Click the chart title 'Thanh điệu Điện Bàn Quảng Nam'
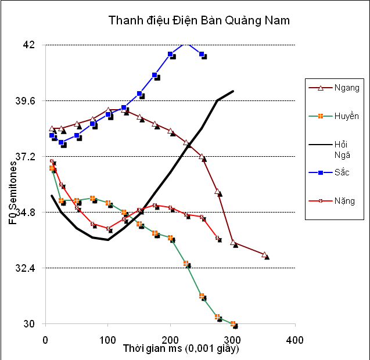point(199,21)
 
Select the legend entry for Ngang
point(338,88)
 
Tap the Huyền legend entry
point(338,116)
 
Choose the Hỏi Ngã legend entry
point(338,149)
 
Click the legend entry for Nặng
point(338,201)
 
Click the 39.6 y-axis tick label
point(25,101)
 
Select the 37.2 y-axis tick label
point(25,157)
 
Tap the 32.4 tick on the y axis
point(25,268)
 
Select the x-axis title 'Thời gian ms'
point(181,349)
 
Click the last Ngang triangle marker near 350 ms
point(264,255)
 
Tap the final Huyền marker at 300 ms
point(233,323)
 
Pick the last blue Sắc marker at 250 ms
point(202,54)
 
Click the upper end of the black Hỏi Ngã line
point(233,91)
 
